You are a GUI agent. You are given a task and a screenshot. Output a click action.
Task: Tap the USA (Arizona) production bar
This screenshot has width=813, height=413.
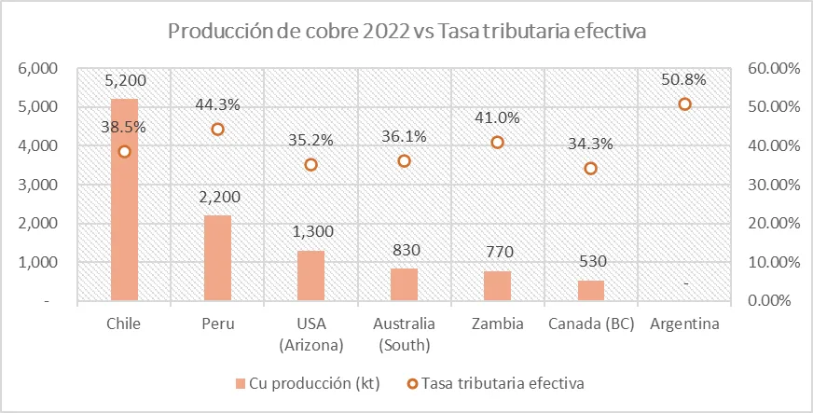(x=310, y=276)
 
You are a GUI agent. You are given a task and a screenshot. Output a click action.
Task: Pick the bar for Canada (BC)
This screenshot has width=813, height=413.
(x=590, y=291)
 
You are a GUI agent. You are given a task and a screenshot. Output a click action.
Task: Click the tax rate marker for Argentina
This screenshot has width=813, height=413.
(x=684, y=104)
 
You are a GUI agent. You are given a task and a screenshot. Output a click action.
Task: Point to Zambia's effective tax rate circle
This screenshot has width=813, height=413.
(x=497, y=143)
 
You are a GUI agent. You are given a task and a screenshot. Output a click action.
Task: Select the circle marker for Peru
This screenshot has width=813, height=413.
(x=217, y=130)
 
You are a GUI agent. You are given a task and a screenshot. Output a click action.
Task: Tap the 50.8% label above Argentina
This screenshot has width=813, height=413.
(x=684, y=80)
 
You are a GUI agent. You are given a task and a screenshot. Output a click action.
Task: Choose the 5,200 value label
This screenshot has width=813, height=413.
(x=125, y=81)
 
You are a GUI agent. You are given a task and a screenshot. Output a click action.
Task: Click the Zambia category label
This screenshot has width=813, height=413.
(x=497, y=324)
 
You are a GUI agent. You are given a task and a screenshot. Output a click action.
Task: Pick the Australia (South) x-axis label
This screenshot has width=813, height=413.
(x=404, y=335)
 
